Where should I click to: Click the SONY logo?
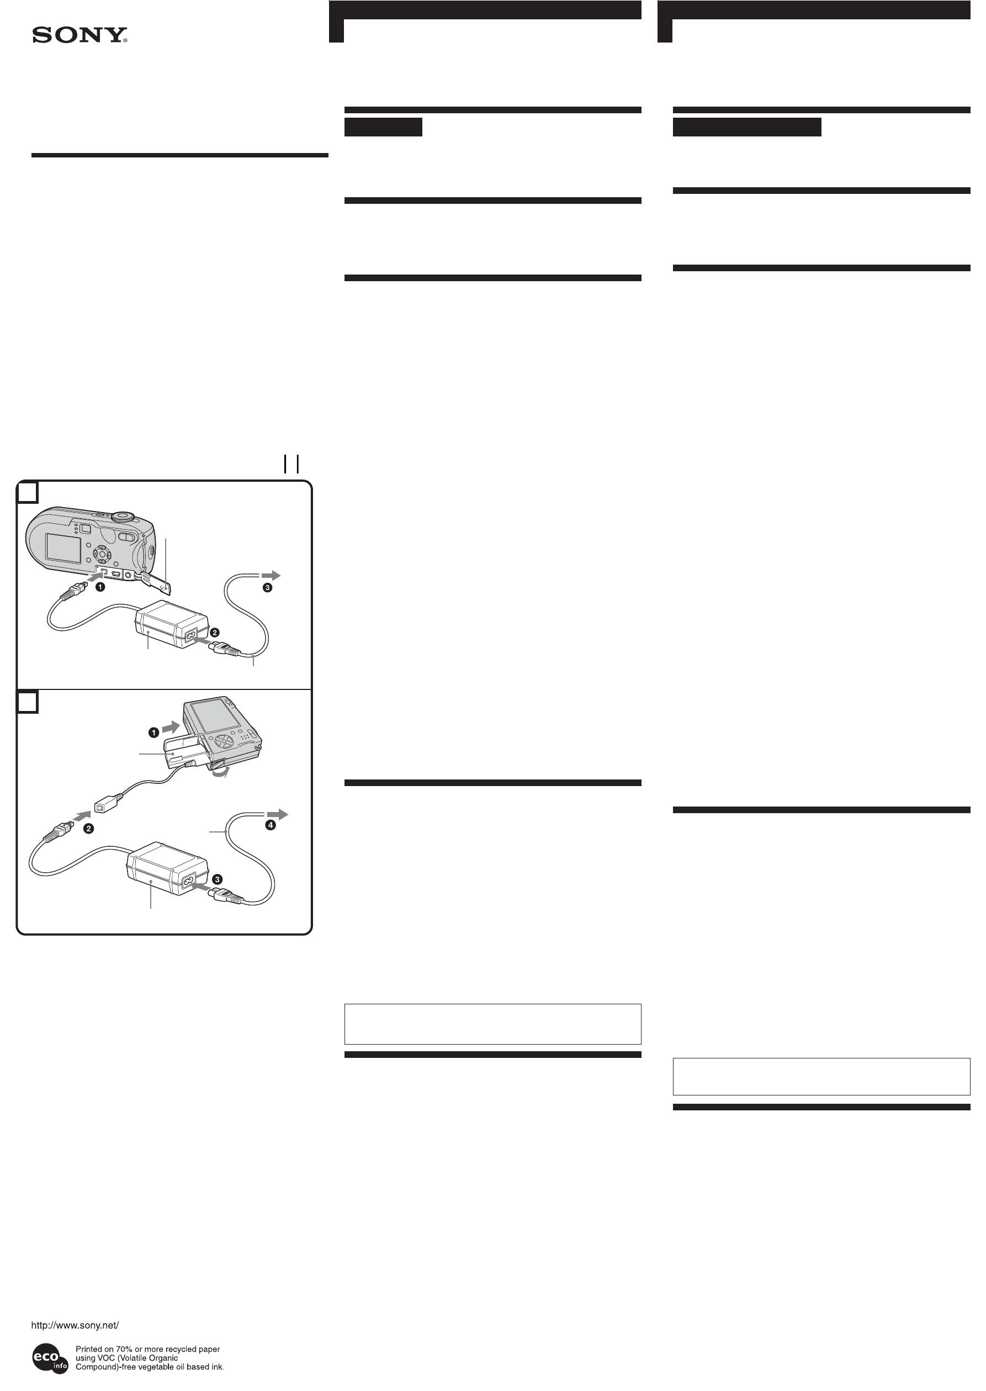tap(79, 35)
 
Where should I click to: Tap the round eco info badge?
tap(50, 1358)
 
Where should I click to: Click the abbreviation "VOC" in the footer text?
tap(106, 1358)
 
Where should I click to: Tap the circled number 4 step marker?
tap(270, 825)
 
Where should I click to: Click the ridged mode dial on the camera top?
tap(123, 517)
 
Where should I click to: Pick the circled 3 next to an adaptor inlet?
tap(217, 879)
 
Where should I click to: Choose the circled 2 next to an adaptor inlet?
tap(214, 633)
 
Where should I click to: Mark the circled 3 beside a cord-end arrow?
tap(267, 587)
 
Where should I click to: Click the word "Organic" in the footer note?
tap(163, 1358)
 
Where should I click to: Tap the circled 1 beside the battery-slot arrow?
tap(154, 733)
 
